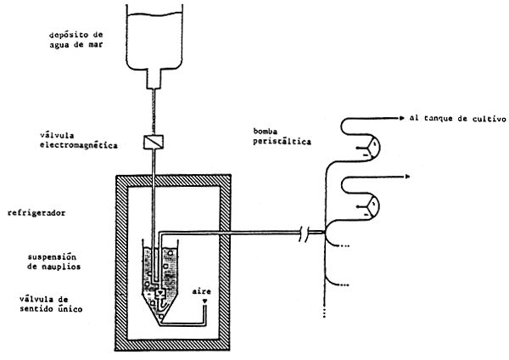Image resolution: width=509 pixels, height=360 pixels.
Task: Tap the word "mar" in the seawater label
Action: click(99, 46)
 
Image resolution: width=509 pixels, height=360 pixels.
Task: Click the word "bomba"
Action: click(265, 132)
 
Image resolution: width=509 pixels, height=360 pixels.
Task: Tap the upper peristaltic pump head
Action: click(368, 150)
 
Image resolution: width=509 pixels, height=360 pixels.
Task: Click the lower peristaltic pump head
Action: click(368, 205)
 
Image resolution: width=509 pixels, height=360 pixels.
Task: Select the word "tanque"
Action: click(441, 119)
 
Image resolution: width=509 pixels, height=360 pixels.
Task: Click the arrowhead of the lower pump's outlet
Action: click(409, 176)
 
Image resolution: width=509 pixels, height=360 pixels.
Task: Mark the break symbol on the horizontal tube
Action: click(310, 231)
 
